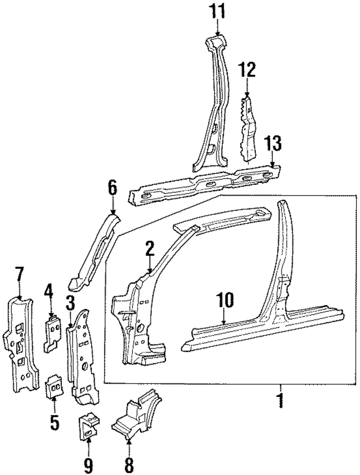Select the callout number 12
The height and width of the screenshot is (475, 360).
pyautogui.click(x=247, y=70)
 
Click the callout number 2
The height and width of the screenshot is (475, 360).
pyautogui.click(x=149, y=248)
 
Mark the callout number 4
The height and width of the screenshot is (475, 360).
pyautogui.click(x=49, y=292)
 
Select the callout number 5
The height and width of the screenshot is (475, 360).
pyautogui.click(x=54, y=422)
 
